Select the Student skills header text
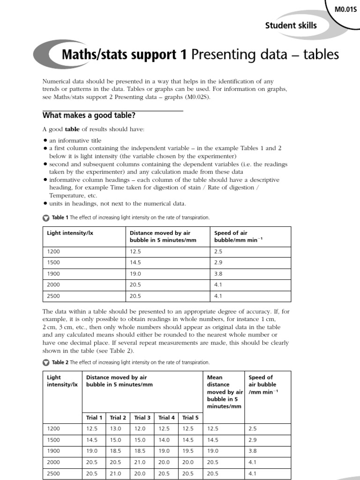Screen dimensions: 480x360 (291, 25)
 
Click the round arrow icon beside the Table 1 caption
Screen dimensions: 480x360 (45, 218)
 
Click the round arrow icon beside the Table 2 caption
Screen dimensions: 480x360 (45, 362)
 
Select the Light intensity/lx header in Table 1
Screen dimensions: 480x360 (70, 233)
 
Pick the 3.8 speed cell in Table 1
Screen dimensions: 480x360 (218, 274)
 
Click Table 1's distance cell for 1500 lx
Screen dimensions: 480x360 (136, 262)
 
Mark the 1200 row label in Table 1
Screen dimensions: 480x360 (54, 251)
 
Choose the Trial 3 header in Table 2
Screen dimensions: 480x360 (142, 417)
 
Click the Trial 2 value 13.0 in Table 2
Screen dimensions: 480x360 (115, 428)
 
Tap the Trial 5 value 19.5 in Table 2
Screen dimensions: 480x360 (188, 451)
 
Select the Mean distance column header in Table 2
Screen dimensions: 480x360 (225, 391)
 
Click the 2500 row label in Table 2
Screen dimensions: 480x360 (54, 473)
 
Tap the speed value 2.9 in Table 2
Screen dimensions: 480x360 (253, 440)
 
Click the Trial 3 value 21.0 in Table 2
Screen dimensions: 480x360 (140, 462)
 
